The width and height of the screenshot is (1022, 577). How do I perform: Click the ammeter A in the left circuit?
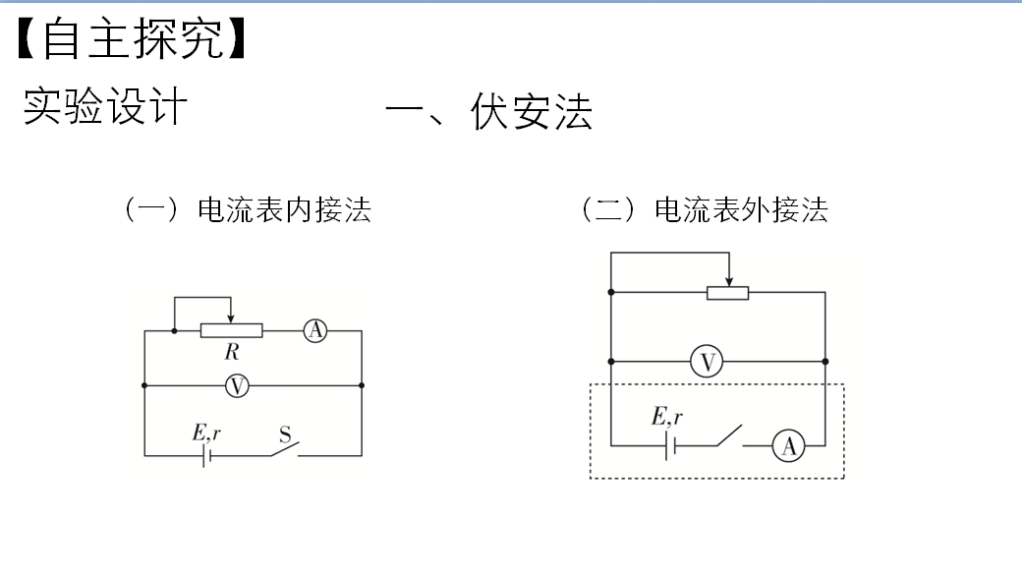[315, 330]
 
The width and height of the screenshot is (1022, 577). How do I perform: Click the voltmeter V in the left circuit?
[237, 386]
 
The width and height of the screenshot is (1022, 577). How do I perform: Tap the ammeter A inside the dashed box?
[789, 446]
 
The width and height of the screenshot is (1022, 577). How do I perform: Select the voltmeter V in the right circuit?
[707, 361]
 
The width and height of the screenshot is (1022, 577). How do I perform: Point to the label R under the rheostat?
[232, 352]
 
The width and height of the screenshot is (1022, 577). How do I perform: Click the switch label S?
[285, 434]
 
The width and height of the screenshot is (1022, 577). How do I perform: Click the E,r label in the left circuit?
[206, 433]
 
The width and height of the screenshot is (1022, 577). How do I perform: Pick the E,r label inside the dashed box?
[667, 416]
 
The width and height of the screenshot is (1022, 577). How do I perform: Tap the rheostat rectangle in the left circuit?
[231, 330]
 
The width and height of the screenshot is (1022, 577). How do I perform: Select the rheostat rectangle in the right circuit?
[728, 293]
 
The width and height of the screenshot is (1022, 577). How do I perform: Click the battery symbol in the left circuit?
[206, 456]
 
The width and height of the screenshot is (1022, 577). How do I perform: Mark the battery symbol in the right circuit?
[670, 446]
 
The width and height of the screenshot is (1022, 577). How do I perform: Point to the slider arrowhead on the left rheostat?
[231, 318]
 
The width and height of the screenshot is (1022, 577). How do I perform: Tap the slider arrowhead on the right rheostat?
[729, 281]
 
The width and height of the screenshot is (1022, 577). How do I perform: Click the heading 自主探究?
[133, 38]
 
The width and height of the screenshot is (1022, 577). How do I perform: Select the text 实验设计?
[105, 105]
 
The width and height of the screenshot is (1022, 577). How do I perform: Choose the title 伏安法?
[532, 111]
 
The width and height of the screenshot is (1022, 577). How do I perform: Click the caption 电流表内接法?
[284, 210]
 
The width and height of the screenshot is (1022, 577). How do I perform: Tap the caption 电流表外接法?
[741, 210]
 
